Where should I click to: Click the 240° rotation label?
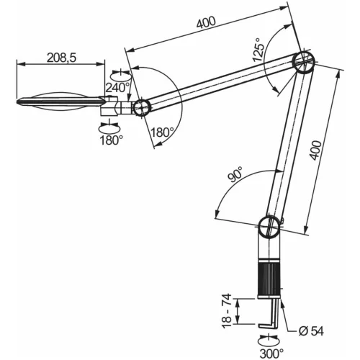[118, 88]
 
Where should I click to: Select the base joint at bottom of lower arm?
[271, 228]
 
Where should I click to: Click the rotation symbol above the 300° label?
[268, 339]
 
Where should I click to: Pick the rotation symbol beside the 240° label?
[118, 74]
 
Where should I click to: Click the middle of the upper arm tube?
[220, 84]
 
